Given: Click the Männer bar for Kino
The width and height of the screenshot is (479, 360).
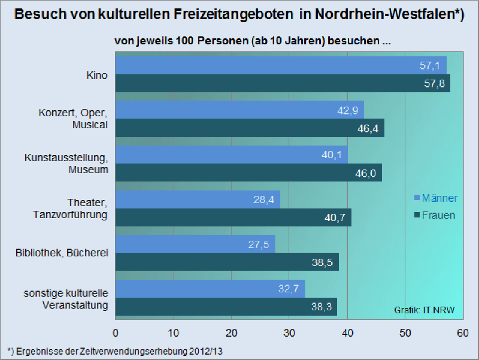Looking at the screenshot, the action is tap(281, 65).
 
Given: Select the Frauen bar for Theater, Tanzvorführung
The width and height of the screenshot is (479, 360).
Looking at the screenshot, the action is tap(234, 217).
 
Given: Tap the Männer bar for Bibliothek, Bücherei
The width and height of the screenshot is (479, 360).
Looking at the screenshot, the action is tap(195, 244).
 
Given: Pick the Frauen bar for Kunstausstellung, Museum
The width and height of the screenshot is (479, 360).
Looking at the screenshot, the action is tap(248, 173).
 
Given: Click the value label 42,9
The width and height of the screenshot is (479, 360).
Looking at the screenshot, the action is tap(348, 110).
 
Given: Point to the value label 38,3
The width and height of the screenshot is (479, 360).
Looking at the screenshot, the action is tap(322, 306).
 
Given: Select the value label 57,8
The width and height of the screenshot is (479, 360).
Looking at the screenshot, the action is tap(435, 83).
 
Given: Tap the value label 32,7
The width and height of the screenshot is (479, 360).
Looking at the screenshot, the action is tap(289, 289).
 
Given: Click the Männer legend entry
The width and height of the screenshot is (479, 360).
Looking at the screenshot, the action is tap(436, 198).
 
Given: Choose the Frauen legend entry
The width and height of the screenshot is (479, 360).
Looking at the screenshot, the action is tap(435, 215).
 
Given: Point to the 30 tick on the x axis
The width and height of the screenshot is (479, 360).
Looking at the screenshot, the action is tap(289, 333).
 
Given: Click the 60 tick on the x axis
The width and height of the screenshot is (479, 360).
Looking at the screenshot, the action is tap(462, 333).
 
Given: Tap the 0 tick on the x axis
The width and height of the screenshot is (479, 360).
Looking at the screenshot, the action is tap(116, 333).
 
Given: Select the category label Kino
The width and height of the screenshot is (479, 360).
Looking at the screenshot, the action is tap(97, 75).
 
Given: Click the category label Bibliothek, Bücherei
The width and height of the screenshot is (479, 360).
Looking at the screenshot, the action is tap(62, 253).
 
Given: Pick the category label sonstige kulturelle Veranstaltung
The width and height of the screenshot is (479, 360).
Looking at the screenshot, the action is tap(66, 299).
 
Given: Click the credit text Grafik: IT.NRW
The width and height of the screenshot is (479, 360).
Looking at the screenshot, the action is tap(425, 310).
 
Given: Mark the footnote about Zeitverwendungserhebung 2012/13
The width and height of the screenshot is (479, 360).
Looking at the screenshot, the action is tap(115, 352).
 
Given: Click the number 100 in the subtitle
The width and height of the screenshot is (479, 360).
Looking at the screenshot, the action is tap(184, 41).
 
